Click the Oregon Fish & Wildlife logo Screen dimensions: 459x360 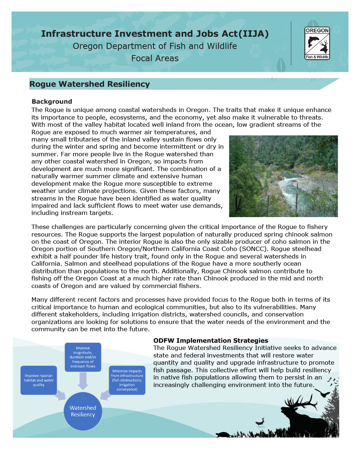coord(317,43)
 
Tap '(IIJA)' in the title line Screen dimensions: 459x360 coord(255,34)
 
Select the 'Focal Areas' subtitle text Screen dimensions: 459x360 coord(155,58)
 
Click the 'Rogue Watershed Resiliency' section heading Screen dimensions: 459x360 coord(90,84)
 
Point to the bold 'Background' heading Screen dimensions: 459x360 coord(52,102)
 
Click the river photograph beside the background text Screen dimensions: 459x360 coord(283,176)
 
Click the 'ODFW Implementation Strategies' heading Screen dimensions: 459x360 coord(211,341)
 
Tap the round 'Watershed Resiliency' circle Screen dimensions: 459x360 coord(83,411)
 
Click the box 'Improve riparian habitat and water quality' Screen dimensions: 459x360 coord(39,380)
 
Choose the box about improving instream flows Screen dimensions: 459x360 coord(83,357)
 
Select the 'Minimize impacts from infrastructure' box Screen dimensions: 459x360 coord(127,380)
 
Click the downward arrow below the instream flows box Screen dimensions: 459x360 coord(83,381)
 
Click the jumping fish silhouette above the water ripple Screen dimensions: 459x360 coord(260,421)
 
